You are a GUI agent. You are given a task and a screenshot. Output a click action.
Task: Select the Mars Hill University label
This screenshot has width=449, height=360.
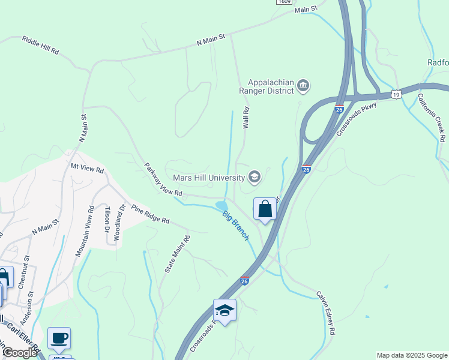coord(208,178)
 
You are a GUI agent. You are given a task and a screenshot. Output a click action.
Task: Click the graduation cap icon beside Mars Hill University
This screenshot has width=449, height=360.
coord(255,176)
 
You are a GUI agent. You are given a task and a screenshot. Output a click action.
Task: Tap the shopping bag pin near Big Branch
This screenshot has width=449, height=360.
coord(265,209)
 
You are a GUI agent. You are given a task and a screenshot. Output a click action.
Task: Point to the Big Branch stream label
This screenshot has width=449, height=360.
coord(236,226)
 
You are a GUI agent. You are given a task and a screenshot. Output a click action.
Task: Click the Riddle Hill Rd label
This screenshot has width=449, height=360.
coord(40,45)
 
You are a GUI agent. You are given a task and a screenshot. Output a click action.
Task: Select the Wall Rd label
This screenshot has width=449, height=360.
coord(246,118)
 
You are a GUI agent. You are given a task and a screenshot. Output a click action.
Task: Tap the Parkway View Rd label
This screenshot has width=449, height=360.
coord(163,179)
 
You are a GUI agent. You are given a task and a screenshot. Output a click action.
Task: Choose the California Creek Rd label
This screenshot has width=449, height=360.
coord(432,116)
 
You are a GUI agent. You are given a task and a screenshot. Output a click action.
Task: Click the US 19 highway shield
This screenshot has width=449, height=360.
coord(395,94)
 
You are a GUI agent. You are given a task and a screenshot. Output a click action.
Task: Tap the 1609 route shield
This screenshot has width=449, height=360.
coord(285,2)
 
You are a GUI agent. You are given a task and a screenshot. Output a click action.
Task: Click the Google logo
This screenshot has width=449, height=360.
coord(20,353)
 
